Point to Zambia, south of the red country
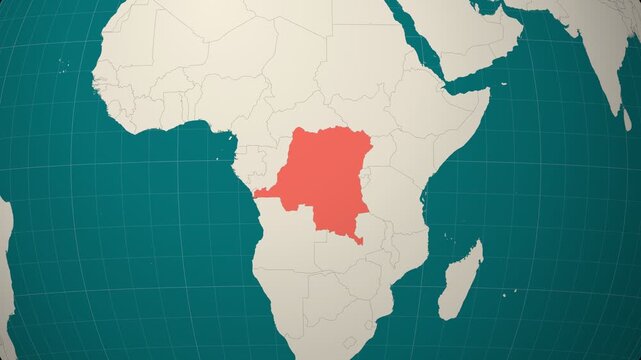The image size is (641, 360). (350, 245)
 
